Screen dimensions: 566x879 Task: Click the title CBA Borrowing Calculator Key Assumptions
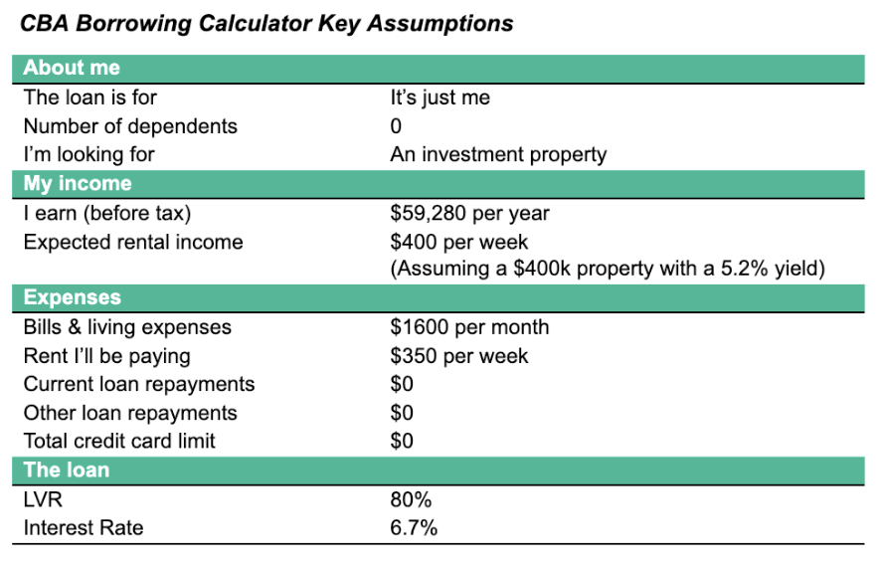point(267,24)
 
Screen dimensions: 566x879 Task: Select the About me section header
point(72,69)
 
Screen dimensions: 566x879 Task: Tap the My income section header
point(78,184)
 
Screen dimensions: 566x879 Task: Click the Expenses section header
point(73,297)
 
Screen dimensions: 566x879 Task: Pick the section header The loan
point(67,471)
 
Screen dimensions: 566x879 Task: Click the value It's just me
point(440,97)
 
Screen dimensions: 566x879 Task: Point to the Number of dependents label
point(130,126)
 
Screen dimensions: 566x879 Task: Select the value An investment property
point(498,154)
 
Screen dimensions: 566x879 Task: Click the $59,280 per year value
point(469,213)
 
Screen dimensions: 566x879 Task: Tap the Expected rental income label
point(133,242)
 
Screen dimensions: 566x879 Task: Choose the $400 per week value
point(459,242)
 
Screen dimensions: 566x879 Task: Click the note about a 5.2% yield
point(608,269)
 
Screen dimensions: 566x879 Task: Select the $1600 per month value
point(469,327)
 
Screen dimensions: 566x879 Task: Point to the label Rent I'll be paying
point(106,355)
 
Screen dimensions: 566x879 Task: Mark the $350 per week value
point(459,355)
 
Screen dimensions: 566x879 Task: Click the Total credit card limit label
point(119,441)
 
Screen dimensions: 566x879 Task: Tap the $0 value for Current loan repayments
point(402,384)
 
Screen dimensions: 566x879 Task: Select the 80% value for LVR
point(411,499)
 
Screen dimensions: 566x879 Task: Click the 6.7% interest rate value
point(415,527)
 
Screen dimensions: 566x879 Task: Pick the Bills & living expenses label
point(127,327)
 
